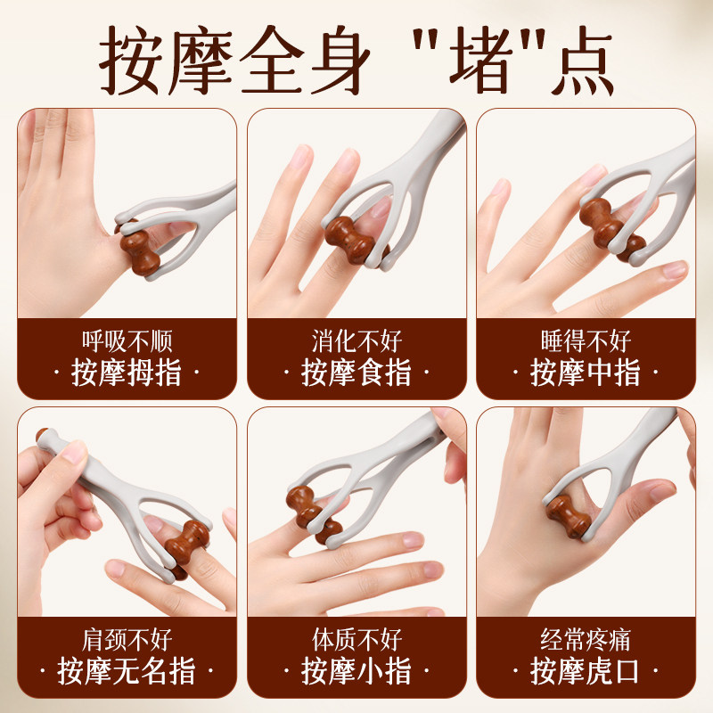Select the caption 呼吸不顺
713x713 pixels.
tap(127, 340)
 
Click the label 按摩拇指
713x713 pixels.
tap(127, 373)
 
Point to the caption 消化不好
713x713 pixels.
tap(356, 340)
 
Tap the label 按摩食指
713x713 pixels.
tap(356, 373)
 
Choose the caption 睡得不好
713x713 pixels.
tap(586, 340)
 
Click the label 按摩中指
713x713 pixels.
tap(586, 373)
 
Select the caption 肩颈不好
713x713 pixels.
tap(127, 639)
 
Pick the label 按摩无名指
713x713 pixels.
tap(127, 671)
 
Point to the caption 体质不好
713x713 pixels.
tap(356, 639)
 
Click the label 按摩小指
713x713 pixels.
tap(356, 671)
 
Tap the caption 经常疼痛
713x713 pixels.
tap(586, 639)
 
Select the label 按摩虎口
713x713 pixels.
tap(586, 671)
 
